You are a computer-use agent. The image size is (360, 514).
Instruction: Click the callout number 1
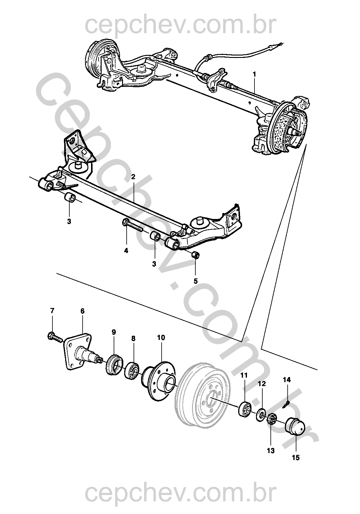pyautogui.click(x=254, y=73)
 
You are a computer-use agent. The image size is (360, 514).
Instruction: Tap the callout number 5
pyautogui.click(x=196, y=281)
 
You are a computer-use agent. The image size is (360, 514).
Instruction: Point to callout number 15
pyautogui.click(x=296, y=458)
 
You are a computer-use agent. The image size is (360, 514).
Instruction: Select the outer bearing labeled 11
pyautogui.click(x=245, y=409)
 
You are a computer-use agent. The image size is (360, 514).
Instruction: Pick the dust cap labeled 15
pyautogui.click(x=295, y=427)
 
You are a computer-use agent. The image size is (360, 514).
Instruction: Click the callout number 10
pyautogui.click(x=161, y=338)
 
